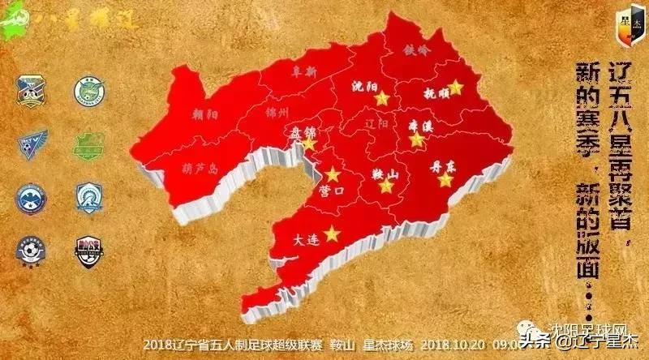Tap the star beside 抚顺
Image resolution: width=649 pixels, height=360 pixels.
click(x=456, y=87)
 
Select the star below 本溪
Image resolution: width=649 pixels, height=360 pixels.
click(x=417, y=139)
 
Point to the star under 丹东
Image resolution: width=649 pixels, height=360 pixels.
click(x=445, y=180)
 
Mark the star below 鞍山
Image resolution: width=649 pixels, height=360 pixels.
click(x=387, y=186)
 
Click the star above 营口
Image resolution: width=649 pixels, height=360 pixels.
click(x=333, y=174)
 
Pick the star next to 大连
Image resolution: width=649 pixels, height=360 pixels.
click(x=331, y=234)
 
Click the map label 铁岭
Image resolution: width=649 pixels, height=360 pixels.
click(x=418, y=49)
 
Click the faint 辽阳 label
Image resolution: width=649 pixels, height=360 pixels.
click(x=377, y=124)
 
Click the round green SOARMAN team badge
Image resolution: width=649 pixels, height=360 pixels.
click(x=88, y=92)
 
